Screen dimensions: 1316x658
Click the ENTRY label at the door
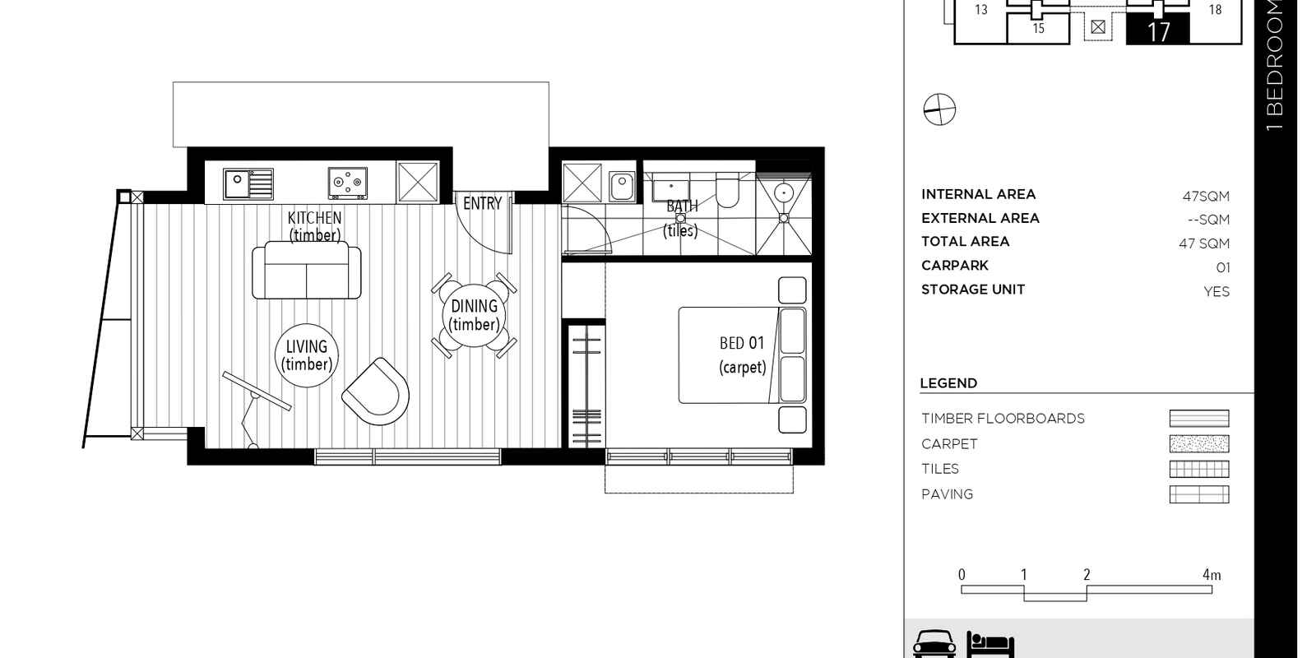(x=482, y=203)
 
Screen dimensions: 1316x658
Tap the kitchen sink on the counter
(x=248, y=184)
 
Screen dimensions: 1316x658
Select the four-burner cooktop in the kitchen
(x=348, y=183)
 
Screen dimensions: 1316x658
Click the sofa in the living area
(x=307, y=270)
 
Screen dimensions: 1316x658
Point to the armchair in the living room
(x=376, y=392)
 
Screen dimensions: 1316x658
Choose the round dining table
(x=474, y=315)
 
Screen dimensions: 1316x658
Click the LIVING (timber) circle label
(x=307, y=355)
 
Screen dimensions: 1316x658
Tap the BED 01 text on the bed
(x=742, y=343)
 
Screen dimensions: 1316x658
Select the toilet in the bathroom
(x=727, y=189)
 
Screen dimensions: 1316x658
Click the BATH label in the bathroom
(x=682, y=206)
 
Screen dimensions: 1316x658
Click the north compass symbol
(x=939, y=109)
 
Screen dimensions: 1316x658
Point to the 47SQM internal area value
(x=1206, y=197)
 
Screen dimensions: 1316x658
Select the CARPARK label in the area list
(x=955, y=266)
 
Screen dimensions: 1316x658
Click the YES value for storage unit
(x=1216, y=291)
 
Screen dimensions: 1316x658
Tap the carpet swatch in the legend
(x=1199, y=443)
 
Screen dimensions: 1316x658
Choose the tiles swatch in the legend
(x=1199, y=469)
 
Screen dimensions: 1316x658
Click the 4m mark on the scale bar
(x=1212, y=575)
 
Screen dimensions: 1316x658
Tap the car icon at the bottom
(x=934, y=644)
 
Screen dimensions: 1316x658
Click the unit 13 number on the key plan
(x=981, y=9)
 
